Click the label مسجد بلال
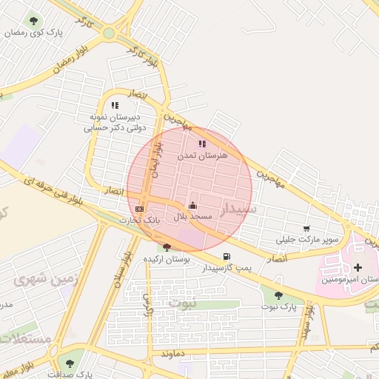[193, 216]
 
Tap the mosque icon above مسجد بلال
[193, 204]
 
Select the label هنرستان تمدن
[203, 156]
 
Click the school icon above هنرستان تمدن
[202, 144]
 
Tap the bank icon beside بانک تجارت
[140, 209]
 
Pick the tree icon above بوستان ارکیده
[167, 248]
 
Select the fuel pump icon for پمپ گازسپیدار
[226, 256]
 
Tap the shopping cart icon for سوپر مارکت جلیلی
[306, 228]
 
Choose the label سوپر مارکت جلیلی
[307, 239]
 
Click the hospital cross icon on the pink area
[358, 267]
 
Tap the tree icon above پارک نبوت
[278, 295]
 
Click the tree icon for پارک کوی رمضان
[33, 21]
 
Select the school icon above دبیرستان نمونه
[114, 106]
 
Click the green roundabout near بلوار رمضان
[109, 33]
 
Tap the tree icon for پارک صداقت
[70, 363]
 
